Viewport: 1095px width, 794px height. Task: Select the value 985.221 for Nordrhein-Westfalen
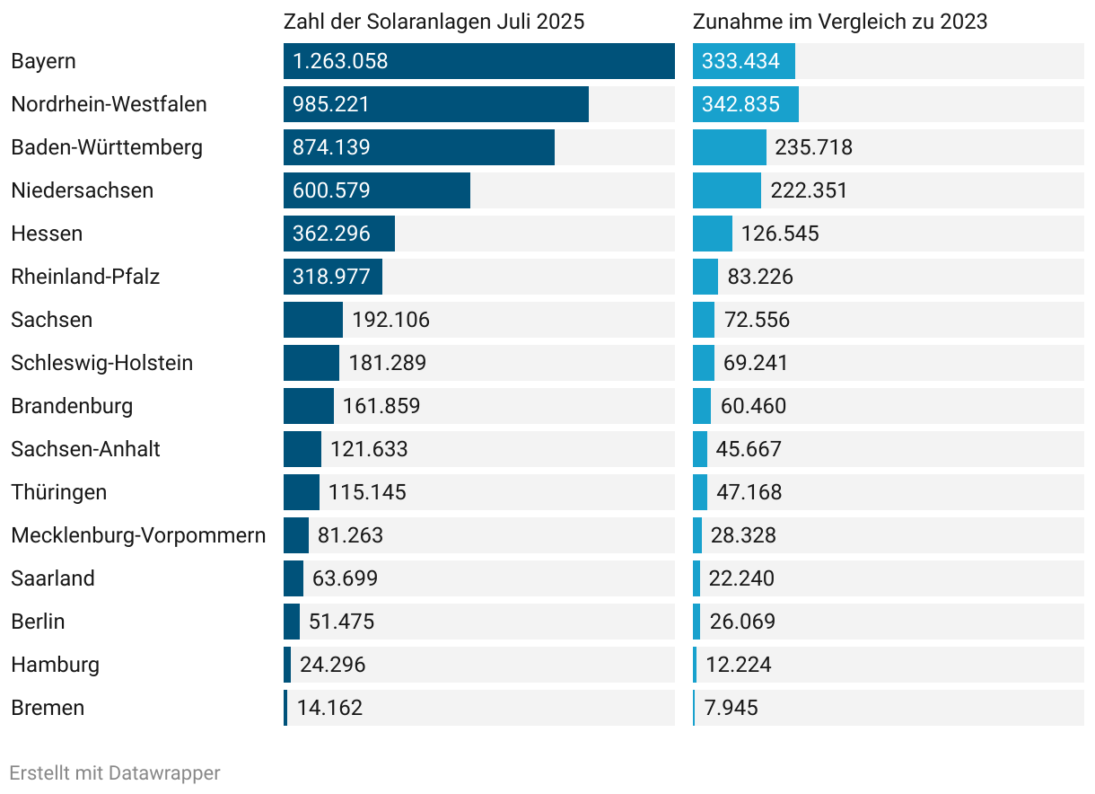coord(331,104)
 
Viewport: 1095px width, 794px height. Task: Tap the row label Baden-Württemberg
coord(107,147)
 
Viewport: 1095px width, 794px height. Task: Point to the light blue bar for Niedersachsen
coord(727,190)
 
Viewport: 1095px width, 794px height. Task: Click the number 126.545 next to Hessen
coord(780,234)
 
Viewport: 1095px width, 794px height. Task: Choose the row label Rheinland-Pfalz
coord(85,277)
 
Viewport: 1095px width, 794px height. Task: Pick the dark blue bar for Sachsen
coord(312,320)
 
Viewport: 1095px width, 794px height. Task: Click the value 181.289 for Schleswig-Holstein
coord(388,363)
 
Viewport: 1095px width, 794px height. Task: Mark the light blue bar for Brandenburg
coord(702,406)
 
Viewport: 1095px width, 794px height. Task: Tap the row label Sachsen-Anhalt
coord(85,449)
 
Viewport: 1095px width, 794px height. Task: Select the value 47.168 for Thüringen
coord(749,492)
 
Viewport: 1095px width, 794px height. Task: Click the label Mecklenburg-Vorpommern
coord(138,535)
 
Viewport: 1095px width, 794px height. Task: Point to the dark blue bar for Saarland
coord(293,578)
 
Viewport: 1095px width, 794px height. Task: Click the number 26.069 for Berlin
coord(742,622)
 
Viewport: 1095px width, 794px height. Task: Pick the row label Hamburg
coord(55,665)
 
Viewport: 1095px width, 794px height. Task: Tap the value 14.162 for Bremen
coord(330,708)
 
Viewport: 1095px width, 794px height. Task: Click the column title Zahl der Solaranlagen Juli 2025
coord(434,22)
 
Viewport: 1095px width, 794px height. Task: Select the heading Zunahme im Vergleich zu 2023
coord(840,22)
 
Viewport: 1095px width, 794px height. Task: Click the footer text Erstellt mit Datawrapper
coord(115,772)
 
